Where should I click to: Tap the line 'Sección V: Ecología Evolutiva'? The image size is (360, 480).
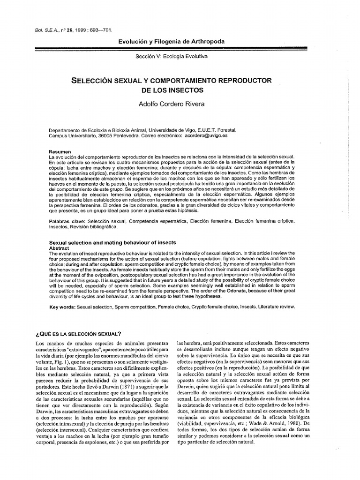172,56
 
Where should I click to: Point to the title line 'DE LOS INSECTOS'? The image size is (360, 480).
172,89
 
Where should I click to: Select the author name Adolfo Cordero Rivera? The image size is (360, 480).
172,104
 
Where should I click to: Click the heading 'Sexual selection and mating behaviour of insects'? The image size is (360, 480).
113,242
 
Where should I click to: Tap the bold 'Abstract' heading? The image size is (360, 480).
59,247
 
